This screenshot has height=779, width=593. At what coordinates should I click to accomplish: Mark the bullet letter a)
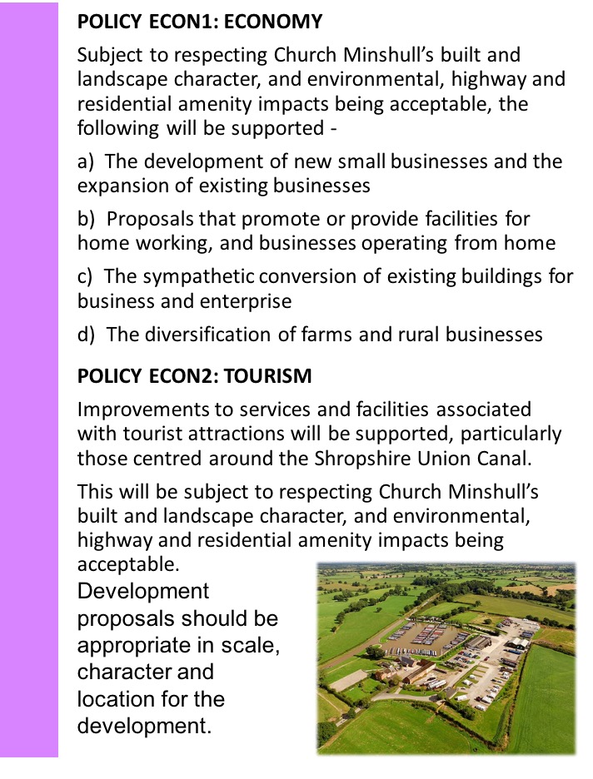tap(87, 161)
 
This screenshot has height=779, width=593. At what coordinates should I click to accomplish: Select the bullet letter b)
tap(87, 219)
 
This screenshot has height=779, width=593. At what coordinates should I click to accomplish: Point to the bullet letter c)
tap(86, 276)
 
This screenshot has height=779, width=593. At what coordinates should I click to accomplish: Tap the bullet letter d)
tap(87, 334)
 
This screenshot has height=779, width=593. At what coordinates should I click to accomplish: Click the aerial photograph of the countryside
tap(446, 657)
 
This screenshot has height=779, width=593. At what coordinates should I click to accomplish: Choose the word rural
tap(406, 334)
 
